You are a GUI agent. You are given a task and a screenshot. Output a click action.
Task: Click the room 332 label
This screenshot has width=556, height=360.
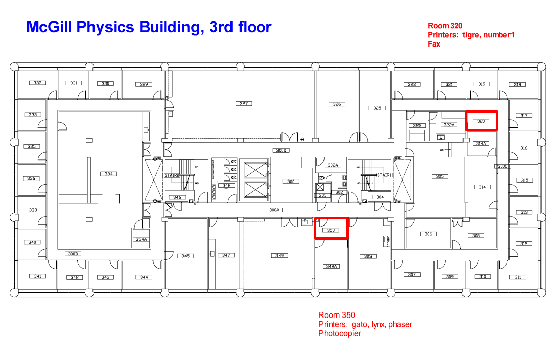tap(37, 83)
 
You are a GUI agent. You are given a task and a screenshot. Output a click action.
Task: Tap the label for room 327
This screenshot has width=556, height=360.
tap(244, 103)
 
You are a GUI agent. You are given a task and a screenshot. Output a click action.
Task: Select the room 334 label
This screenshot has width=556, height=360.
tap(108, 174)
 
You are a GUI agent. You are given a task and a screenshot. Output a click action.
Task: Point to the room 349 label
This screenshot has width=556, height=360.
tap(280, 256)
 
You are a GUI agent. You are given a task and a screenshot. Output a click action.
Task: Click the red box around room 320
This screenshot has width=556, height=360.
tap(481, 121)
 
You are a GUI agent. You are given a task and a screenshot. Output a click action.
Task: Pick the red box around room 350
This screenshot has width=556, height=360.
tap(332, 229)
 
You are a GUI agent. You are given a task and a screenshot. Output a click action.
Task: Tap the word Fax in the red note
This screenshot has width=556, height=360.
tap(434, 44)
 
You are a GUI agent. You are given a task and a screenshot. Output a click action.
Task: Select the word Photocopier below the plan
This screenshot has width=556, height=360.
tap(340, 333)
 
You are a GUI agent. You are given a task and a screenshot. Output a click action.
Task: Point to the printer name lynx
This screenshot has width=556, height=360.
tap(378, 324)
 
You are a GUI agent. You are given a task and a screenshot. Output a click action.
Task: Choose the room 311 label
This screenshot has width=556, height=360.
tap(518, 277)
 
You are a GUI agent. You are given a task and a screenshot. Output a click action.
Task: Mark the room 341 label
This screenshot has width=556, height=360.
tap(37, 276)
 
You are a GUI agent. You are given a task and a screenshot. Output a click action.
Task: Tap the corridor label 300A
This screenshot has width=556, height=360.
tap(275, 210)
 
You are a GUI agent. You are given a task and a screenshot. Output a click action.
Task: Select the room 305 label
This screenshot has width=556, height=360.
tap(440, 176)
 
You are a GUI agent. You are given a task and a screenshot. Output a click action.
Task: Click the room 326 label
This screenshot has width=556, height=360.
tap(337, 104)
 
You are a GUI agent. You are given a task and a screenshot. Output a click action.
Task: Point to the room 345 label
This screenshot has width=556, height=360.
tap(186, 256)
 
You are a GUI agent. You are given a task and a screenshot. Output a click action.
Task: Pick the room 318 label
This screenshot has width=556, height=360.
tap(517, 85)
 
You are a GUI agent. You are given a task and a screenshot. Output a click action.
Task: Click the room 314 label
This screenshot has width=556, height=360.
tap(482, 187)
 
